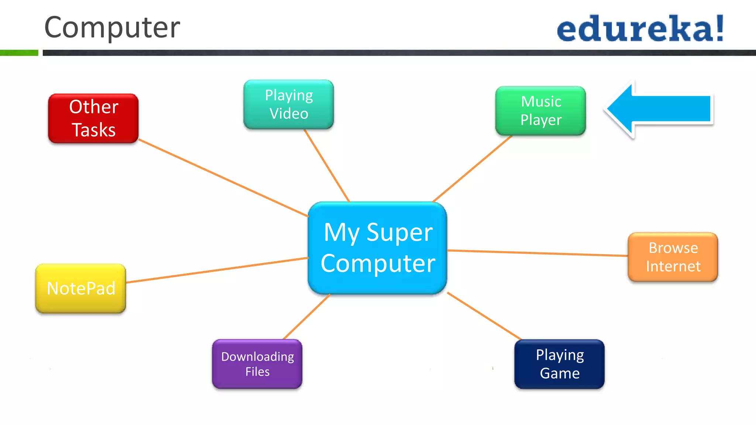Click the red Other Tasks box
tap(93, 118)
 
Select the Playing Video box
tap(289, 104)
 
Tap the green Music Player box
tap(540, 111)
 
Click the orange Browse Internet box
tap(673, 257)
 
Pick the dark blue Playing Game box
tap(559, 364)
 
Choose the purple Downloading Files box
tap(257, 364)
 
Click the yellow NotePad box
tap(81, 288)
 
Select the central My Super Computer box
tap(378, 248)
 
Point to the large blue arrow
tap(659, 109)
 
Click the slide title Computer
tap(112, 27)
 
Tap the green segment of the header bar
tap(19, 53)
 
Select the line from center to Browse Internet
tap(537, 253)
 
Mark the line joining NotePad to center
tap(218, 270)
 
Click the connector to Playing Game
tap(484, 316)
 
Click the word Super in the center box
tap(399, 233)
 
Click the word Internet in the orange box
tap(673, 266)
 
